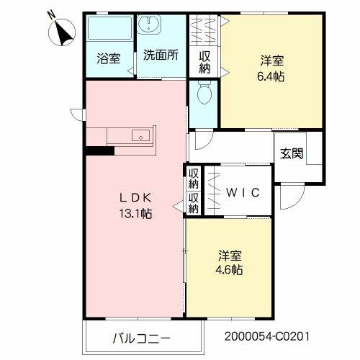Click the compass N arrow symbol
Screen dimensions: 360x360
tap(60, 30)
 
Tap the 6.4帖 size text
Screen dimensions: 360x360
tap(270, 76)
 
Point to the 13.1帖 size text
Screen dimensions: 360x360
tap(135, 214)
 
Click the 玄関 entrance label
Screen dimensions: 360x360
tap(292, 153)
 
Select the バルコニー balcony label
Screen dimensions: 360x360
tap(141, 337)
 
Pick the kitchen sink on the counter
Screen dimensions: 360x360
tap(140, 135)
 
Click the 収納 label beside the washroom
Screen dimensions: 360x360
tap(204, 61)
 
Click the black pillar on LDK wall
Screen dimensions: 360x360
tap(99, 151)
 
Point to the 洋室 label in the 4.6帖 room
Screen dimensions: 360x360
tap(230, 256)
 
